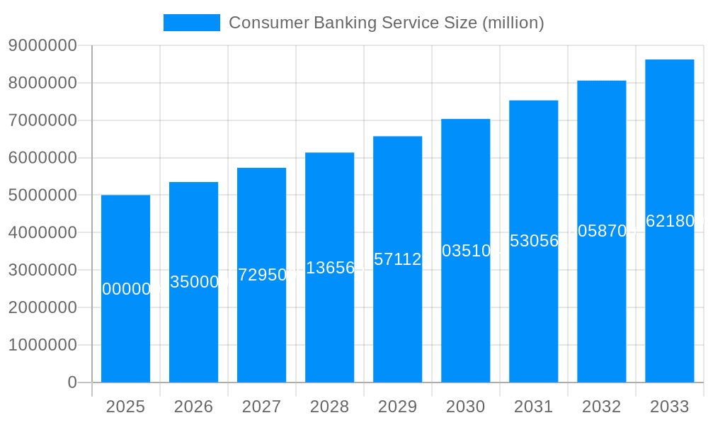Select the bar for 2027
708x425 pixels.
[x=261, y=319]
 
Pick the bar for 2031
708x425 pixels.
[x=533, y=297]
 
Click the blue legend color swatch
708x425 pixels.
[x=191, y=23]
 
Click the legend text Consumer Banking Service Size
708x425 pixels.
[x=386, y=23]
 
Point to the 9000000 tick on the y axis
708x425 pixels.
[x=42, y=45]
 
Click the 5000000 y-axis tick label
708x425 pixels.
[x=42, y=195]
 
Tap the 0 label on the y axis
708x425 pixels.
[x=72, y=382]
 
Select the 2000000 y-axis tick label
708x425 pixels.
[x=42, y=307]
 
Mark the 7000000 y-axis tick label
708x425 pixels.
[x=42, y=120]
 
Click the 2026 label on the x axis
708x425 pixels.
[x=193, y=407]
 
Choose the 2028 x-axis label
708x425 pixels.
[x=329, y=407]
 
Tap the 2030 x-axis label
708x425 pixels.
[x=465, y=407]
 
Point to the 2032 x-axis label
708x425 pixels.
[x=601, y=407]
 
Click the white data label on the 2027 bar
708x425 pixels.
[x=261, y=275]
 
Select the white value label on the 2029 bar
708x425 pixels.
[x=397, y=259]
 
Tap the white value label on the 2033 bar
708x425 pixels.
[x=669, y=221]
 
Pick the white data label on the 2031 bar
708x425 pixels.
[x=533, y=241]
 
